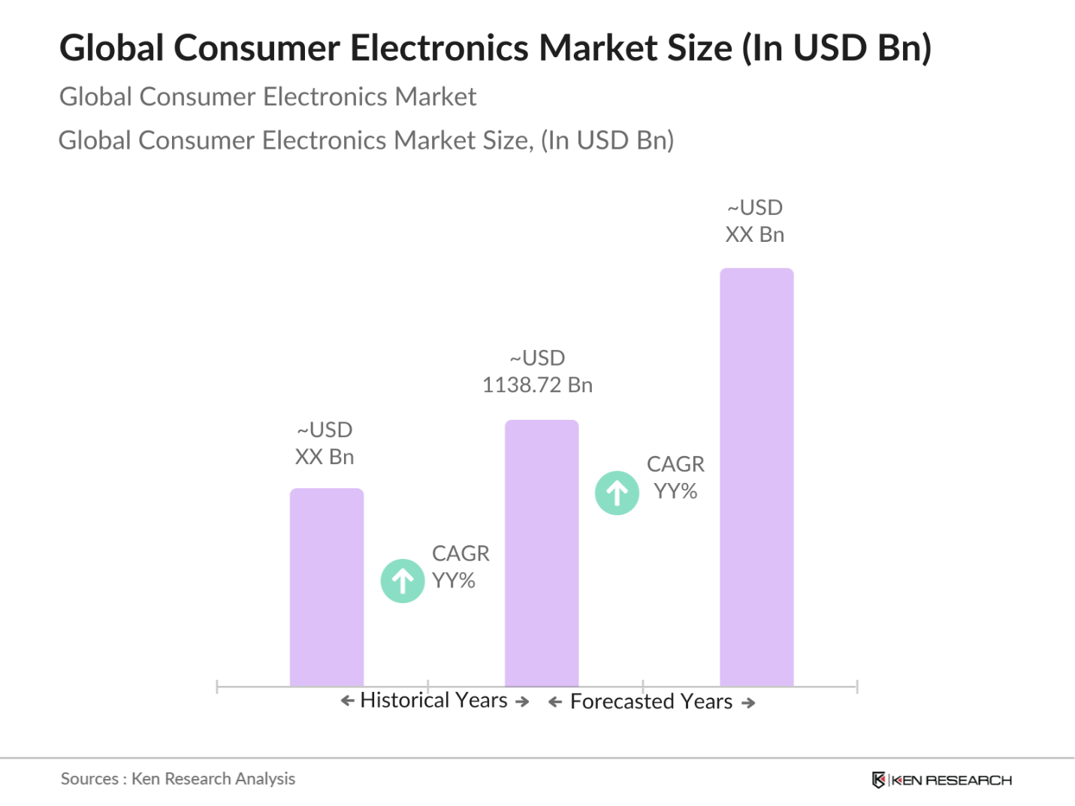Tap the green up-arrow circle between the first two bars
[403, 581]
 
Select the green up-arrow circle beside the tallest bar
[617, 493]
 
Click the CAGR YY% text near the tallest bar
[675, 478]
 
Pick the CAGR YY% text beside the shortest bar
[460, 567]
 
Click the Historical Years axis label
[433, 700]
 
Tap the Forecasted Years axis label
[651, 702]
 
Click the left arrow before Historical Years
[347, 701]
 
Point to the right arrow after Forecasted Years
[748, 703]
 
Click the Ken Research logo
[942, 780]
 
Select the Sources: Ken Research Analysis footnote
[178, 779]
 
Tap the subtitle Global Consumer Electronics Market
[267, 97]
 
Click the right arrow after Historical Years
[523, 702]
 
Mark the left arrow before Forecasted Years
[555, 702]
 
